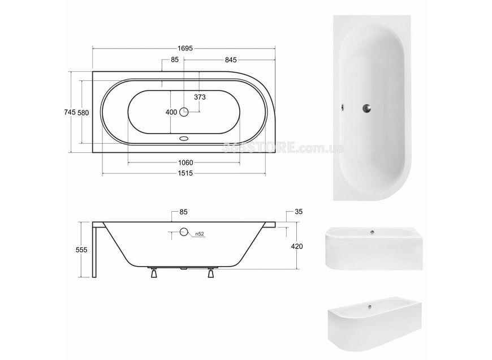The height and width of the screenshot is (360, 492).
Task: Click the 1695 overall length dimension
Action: tap(185, 48)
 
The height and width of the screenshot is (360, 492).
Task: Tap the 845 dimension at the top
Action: tap(231, 59)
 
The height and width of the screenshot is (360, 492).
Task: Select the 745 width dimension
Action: tap(70, 112)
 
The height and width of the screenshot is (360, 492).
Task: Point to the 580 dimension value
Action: tap(83, 112)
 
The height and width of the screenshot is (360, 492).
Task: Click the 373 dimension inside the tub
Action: tap(200, 97)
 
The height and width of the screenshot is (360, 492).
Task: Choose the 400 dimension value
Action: tap(171, 112)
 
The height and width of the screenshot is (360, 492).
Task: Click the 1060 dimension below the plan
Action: tap(185, 162)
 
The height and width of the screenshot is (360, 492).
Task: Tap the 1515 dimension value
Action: tap(185, 173)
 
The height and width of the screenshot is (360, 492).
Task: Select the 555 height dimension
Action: tap(81, 250)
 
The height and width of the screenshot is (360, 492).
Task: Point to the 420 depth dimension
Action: tap(297, 246)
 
